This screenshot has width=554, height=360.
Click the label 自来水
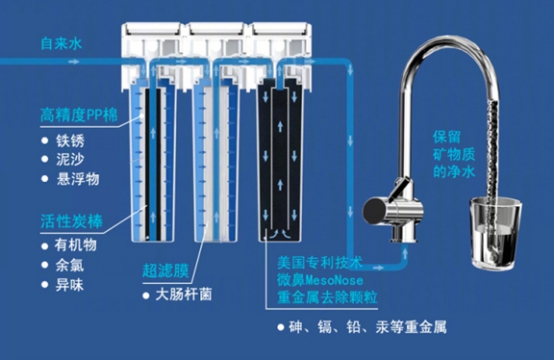click(61, 43)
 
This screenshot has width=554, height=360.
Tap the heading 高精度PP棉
click(79, 115)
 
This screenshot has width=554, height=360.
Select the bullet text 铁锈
click(70, 141)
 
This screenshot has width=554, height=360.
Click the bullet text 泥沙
click(70, 159)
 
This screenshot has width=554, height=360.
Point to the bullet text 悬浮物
click(78, 179)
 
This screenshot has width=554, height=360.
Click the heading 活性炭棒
click(72, 222)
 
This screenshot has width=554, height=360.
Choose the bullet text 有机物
click(76, 245)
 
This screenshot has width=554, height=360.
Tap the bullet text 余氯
click(70, 265)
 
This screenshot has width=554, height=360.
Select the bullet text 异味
click(70, 285)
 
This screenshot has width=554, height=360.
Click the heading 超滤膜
click(166, 271)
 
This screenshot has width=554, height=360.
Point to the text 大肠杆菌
click(184, 295)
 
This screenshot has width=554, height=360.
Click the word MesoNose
click(334, 281)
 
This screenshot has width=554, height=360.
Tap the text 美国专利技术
click(320, 262)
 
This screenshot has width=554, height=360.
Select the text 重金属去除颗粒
click(327, 297)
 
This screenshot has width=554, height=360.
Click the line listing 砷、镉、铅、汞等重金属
click(367, 327)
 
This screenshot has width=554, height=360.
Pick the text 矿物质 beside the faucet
click(454, 155)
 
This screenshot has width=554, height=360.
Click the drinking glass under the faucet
click(495, 234)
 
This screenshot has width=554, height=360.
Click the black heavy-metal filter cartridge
click(280, 160)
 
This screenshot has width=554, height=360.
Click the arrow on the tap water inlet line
click(74, 62)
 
